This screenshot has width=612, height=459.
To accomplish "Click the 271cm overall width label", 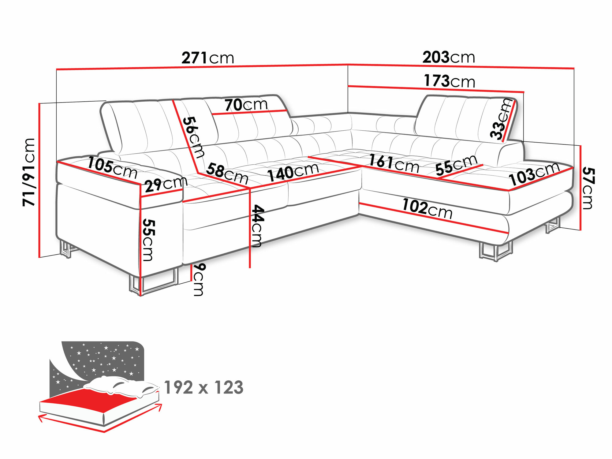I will (208, 58).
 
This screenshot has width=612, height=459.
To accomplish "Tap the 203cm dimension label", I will (449, 57).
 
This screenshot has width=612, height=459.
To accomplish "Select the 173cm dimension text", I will (449, 81).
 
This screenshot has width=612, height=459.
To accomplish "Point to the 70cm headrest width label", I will (246, 105).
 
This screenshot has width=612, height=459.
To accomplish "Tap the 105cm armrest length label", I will (112, 168).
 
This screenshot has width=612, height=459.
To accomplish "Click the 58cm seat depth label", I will (227, 174).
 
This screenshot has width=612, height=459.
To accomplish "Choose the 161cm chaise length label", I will (394, 164).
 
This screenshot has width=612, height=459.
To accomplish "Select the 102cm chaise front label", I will (427, 209).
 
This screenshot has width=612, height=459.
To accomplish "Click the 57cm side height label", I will (588, 188).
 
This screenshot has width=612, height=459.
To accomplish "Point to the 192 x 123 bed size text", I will (203, 387).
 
